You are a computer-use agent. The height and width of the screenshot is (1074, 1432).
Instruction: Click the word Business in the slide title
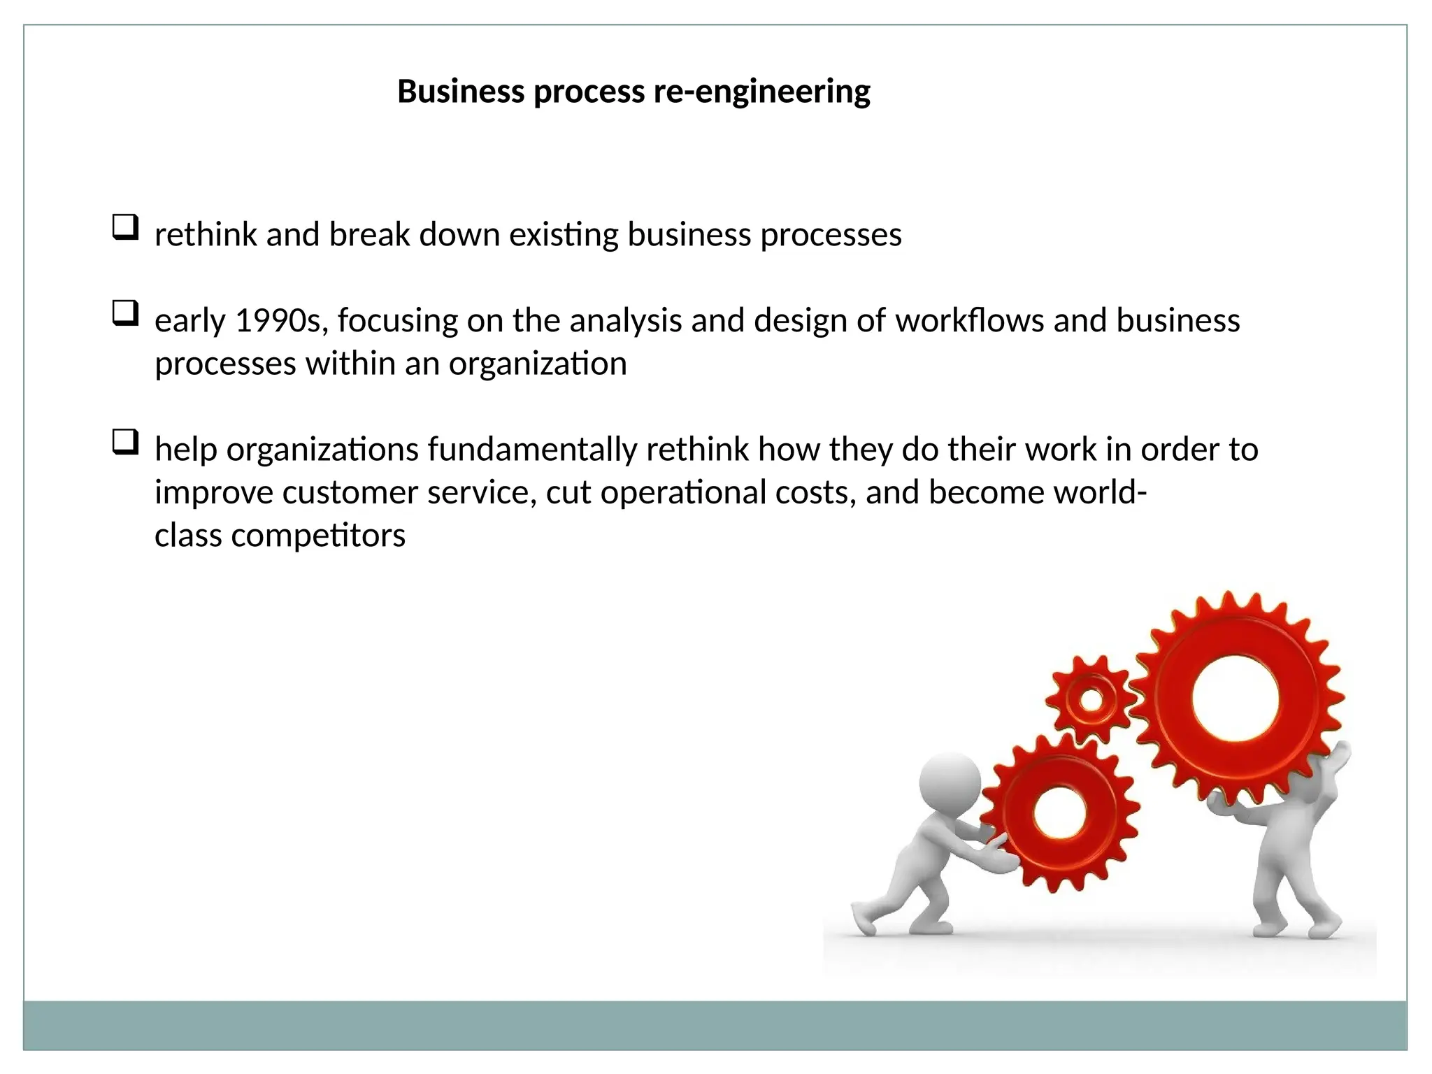(x=461, y=92)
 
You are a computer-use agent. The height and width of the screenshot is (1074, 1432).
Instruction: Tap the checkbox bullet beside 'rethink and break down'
(x=125, y=228)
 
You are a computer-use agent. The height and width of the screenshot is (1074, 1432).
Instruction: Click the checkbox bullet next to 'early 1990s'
(x=125, y=313)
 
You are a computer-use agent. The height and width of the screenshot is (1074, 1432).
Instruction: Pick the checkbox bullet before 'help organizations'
(x=125, y=443)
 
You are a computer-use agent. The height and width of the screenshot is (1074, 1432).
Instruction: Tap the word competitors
(x=318, y=536)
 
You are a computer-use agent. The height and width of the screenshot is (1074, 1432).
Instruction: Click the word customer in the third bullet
(x=350, y=493)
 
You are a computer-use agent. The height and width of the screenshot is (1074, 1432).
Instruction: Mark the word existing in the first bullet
(x=564, y=235)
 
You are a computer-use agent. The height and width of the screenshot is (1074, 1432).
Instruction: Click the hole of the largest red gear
(x=1235, y=699)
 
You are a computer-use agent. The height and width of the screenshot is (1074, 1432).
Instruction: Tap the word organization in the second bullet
(x=538, y=364)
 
